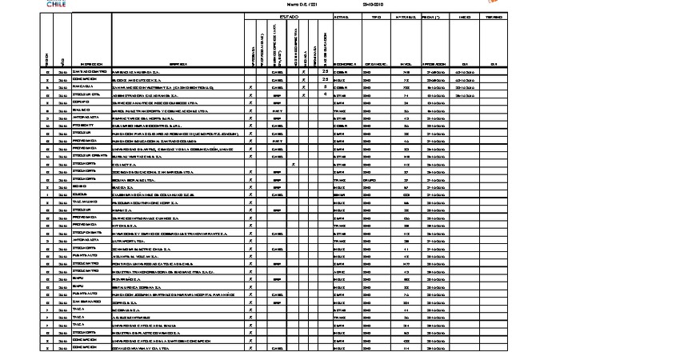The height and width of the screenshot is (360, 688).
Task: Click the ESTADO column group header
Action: pyautogui.click(x=289, y=16)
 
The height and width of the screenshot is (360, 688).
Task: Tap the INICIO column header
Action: pyautogui.click(x=464, y=16)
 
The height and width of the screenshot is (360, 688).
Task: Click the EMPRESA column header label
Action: pyautogui.click(x=178, y=64)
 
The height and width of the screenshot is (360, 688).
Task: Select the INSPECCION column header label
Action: pyautogui.click(x=90, y=64)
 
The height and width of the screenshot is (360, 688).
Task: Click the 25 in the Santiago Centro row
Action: pyautogui.click(x=326, y=72)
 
